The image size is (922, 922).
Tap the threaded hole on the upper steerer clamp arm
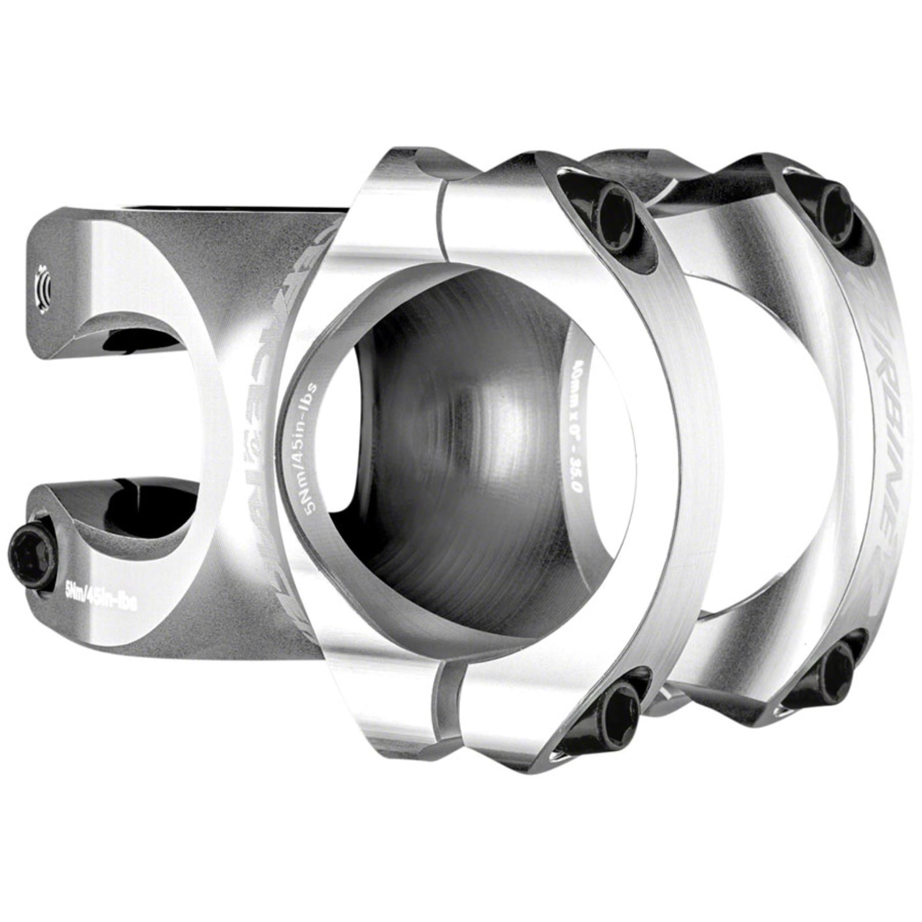(44, 282)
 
